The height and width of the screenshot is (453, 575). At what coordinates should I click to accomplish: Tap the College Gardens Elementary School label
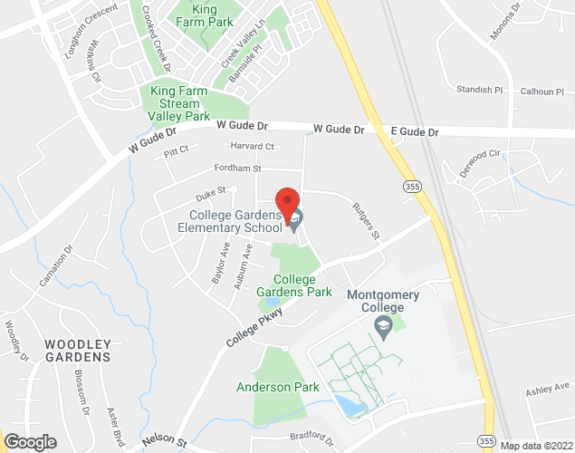point(236,221)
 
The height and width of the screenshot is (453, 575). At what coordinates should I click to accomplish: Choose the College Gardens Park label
point(293,286)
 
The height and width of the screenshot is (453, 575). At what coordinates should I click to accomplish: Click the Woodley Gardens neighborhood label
point(79,351)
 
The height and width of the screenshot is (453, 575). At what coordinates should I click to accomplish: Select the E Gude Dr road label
point(414,132)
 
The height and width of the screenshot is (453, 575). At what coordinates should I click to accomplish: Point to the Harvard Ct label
point(251,146)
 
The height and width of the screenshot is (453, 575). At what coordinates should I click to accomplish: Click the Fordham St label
point(237,169)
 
